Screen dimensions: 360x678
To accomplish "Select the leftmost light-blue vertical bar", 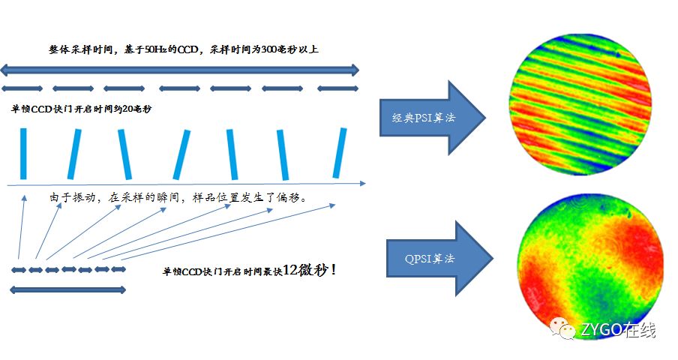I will pyautogui.click(x=24, y=154).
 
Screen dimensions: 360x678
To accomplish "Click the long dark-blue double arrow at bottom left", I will pyautogui.click(x=67, y=289).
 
